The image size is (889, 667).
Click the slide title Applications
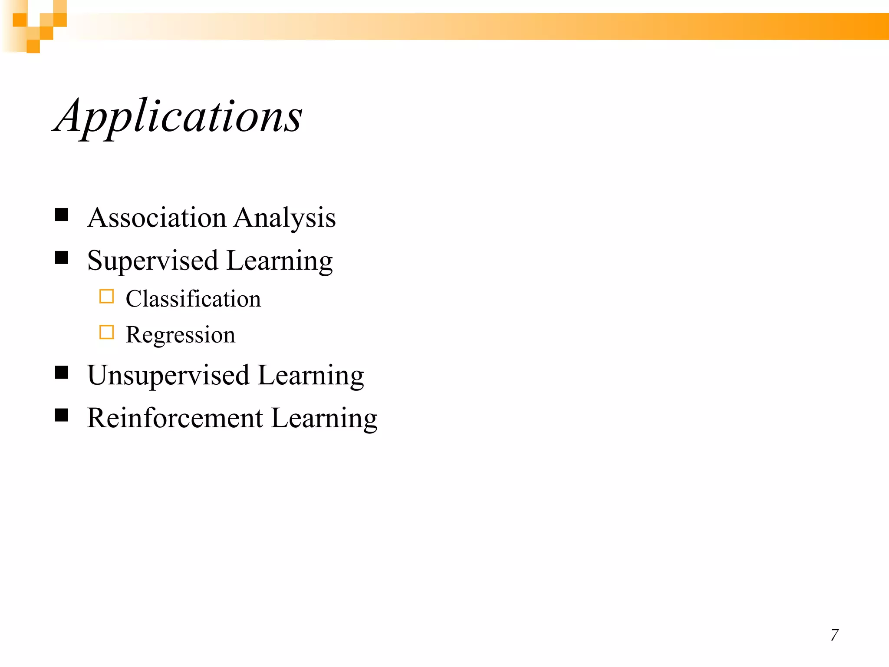pyautogui.click(x=178, y=116)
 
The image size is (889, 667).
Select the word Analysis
pyautogui.click(x=285, y=218)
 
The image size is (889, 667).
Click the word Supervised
pyautogui.click(x=152, y=261)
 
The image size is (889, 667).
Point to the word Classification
pyautogui.click(x=193, y=299)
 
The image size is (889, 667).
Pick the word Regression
pyautogui.click(x=180, y=335)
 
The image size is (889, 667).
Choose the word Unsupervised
pyautogui.click(x=168, y=376)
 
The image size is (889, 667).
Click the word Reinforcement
pyautogui.click(x=175, y=418)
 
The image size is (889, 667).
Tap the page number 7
pyautogui.click(x=834, y=635)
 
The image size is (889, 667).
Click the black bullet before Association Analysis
pyautogui.click(x=62, y=215)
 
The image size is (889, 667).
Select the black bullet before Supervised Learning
pyautogui.click(x=62, y=258)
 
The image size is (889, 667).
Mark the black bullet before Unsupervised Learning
pyautogui.click(x=62, y=372)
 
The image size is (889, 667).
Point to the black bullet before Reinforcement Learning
pyautogui.click(x=62, y=415)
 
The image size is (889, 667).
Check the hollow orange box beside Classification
pyautogui.click(x=106, y=296)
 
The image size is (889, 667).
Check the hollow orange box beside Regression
pyautogui.click(x=106, y=332)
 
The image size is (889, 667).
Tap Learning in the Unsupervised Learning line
pyautogui.click(x=311, y=376)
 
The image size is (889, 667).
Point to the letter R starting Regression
pyautogui.click(x=134, y=334)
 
